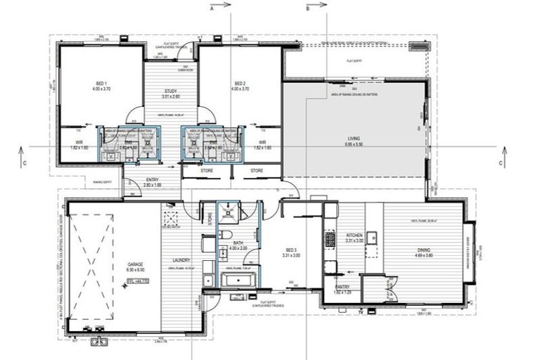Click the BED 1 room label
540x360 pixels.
101,83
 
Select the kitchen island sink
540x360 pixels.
371,237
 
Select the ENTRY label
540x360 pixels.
153,180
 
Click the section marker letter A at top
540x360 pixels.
211,9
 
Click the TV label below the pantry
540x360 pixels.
360,310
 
